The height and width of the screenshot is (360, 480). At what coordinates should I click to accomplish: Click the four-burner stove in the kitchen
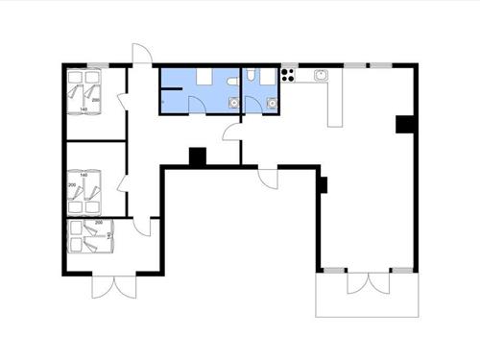click(288, 75)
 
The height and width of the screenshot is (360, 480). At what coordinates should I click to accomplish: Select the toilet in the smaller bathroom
click(252, 75)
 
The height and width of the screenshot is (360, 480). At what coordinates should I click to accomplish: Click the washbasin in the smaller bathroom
click(273, 101)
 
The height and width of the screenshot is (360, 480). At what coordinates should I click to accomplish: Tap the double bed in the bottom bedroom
click(92, 234)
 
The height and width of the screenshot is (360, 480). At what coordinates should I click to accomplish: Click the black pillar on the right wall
click(404, 124)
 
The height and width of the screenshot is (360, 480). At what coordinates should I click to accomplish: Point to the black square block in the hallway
click(198, 156)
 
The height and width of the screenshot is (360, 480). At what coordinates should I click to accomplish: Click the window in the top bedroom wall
click(94, 65)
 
